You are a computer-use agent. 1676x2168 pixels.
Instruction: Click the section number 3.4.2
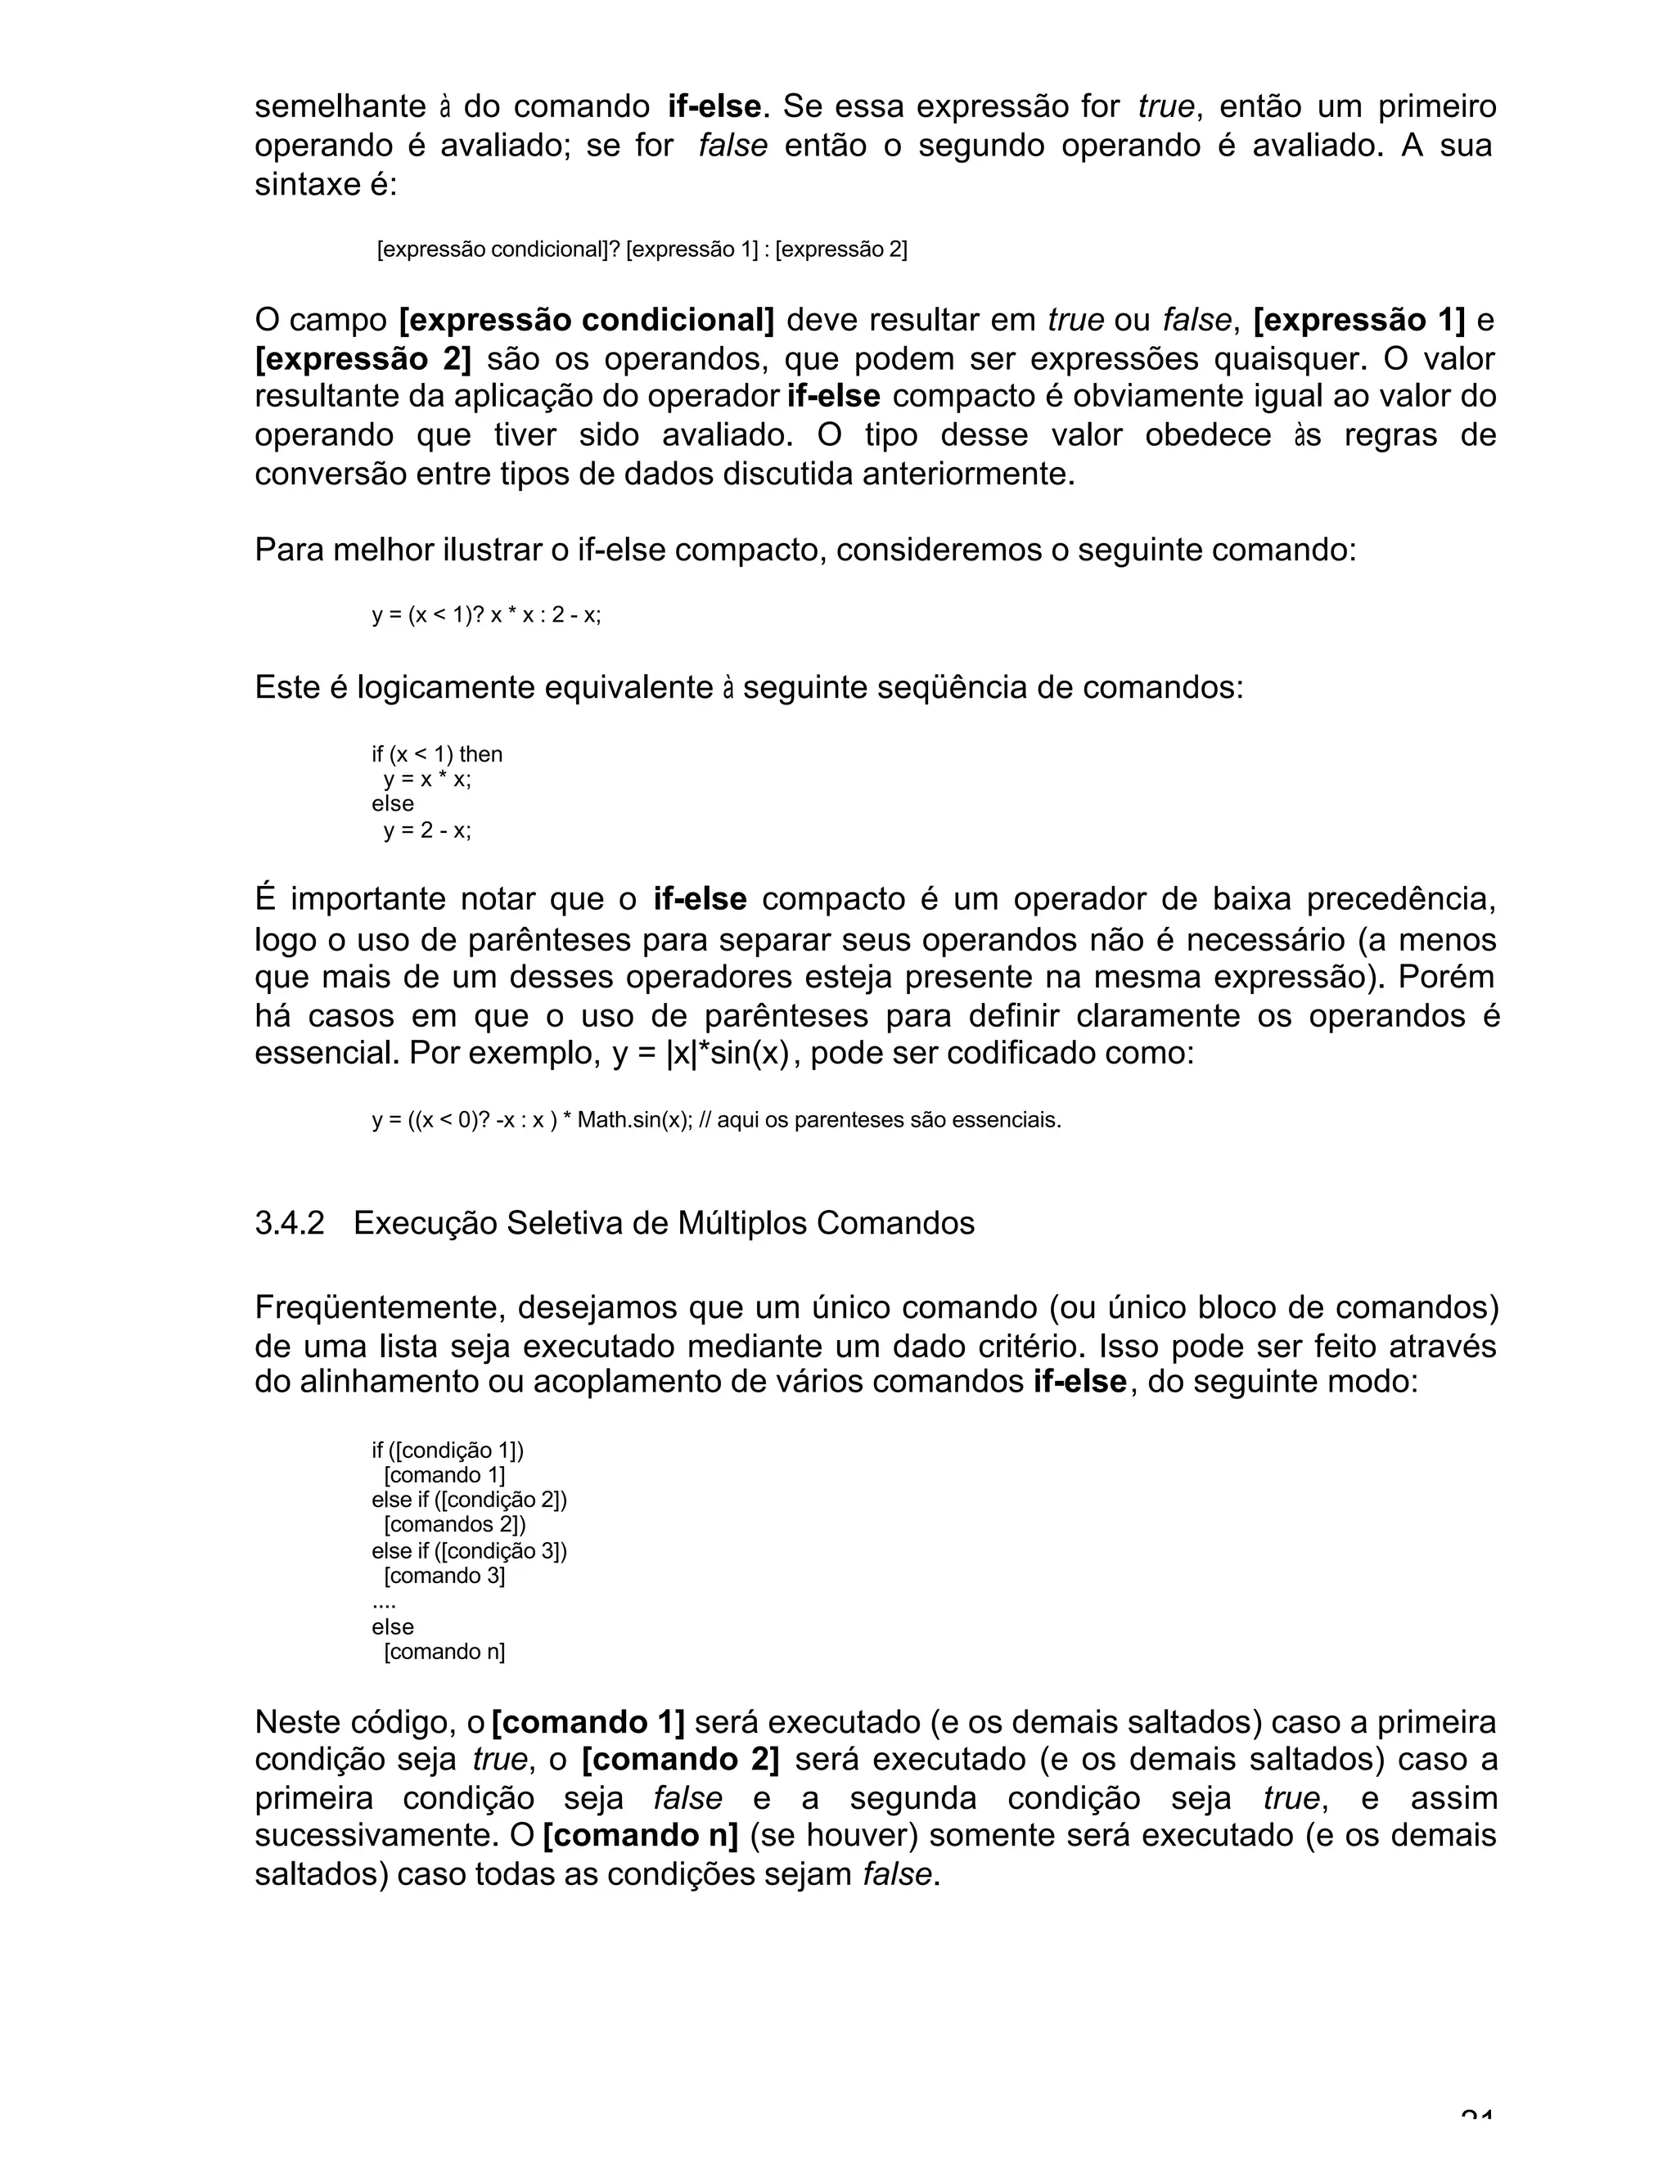[x=289, y=1223]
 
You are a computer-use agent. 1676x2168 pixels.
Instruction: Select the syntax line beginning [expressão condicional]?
[x=642, y=250]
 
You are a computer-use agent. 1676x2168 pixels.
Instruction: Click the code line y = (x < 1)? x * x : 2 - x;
[x=485, y=614]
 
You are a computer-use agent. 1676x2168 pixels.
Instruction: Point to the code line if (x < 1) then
[x=437, y=753]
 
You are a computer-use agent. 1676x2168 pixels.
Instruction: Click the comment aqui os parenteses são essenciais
[x=889, y=1121]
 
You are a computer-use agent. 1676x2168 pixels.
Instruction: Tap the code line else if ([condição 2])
[x=469, y=1499]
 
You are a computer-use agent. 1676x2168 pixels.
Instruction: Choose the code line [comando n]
[x=444, y=1652]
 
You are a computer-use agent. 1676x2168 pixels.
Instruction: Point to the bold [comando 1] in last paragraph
[x=588, y=1722]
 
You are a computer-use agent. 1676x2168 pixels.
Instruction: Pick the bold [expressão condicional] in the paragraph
[x=586, y=321]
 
